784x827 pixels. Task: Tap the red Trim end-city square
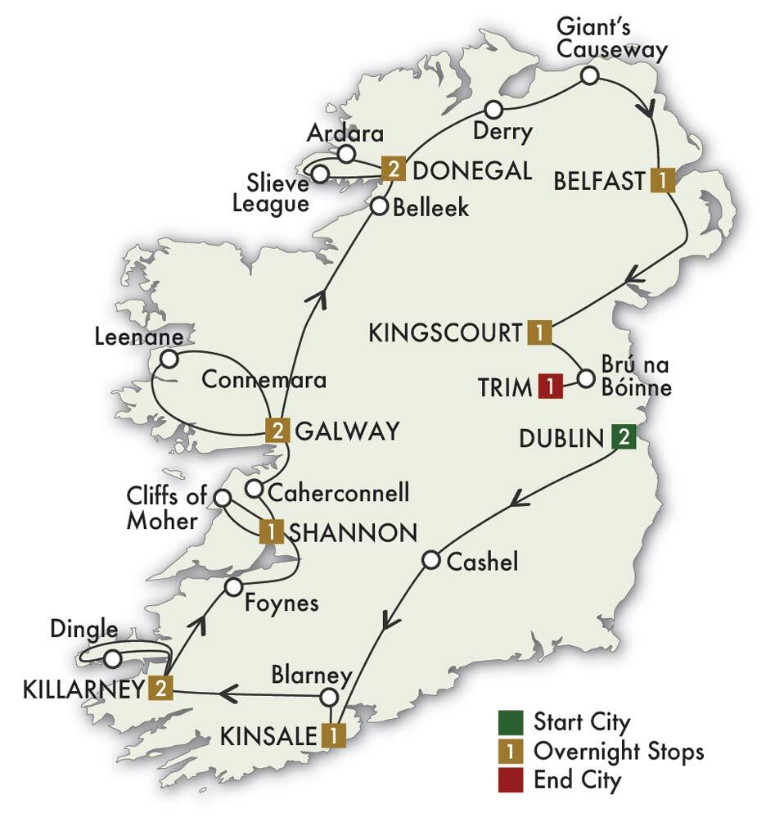pyautogui.click(x=550, y=386)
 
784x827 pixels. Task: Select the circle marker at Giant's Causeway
pyautogui.click(x=589, y=76)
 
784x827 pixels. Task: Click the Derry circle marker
pyautogui.click(x=493, y=110)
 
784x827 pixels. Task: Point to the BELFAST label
pyautogui.click(x=599, y=181)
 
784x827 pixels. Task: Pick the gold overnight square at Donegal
pyautogui.click(x=394, y=170)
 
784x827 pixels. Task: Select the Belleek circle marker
pyautogui.click(x=379, y=206)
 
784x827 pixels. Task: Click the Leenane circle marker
pyautogui.click(x=169, y=359)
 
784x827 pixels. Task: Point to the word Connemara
pyautogui.click(x=264, y=381)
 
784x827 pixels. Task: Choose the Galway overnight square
pyautogui.click(x=277, y=430)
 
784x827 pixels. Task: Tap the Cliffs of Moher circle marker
pyautogui.click(x=222, y=497)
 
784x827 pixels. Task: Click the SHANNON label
pyautogui.click(x=354, y=532)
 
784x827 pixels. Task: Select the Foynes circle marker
pyautogui.click(x=233, y=586)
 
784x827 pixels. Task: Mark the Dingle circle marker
pyautogui.click(x=113, y=658)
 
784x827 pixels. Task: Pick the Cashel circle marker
pyautogui.click(x=431, y=560)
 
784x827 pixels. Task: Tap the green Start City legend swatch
pyautogui.click(x=509, y=722)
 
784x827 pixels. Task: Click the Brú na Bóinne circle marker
pyautogui.click(x=585, y=378)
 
